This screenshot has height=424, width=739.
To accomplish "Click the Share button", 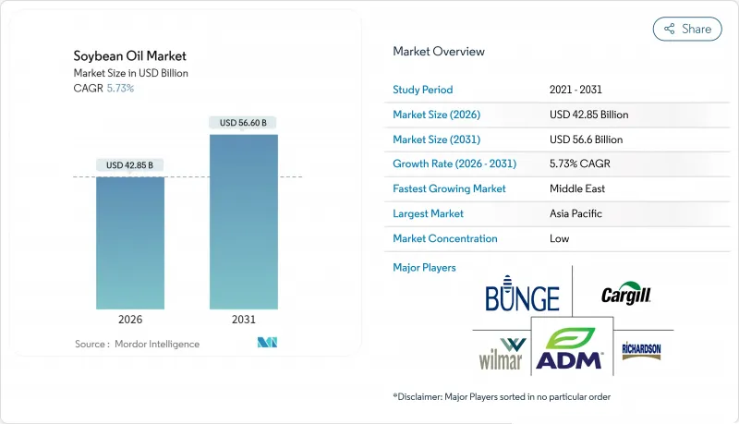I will click(687, 29).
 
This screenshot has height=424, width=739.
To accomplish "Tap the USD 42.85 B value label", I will click(129, 165).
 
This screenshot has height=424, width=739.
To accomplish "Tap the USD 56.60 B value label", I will click(243, 123).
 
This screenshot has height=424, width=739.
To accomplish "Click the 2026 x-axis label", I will click(130, 320).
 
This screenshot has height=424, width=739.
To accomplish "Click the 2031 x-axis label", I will click(243, 320).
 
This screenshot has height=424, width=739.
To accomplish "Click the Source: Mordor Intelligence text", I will click(137, 344).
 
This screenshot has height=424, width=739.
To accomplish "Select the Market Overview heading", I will click(439, 52).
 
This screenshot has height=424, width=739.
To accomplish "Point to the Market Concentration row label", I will click(445, 238).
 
